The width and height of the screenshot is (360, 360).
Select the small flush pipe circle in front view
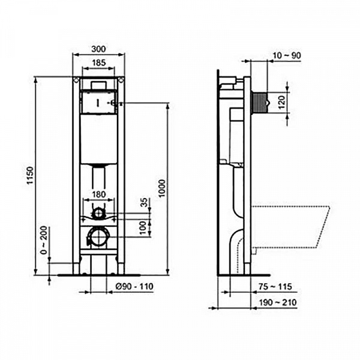98,212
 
